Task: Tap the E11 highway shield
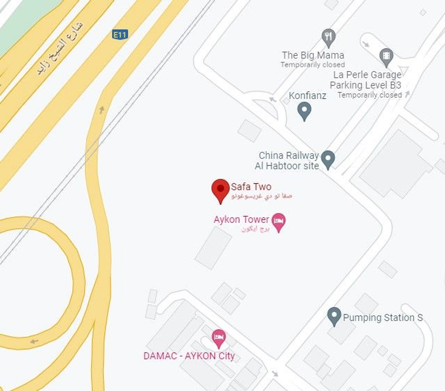tap(120, 34)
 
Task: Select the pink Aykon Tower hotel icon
tap(278, 221)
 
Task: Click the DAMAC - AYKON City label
tap(189, 356)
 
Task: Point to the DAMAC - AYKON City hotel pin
tap(219, 338)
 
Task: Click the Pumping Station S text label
tap(383, 317)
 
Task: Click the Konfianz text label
tap(307, 95)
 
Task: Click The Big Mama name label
tap(313, 55)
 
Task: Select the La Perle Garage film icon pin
tap(386, 56)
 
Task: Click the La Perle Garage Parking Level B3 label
tap(366, 80)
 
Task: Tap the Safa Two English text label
tap(251, 187)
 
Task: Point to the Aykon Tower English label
tap(241, 219)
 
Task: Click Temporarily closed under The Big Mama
tap(312, 65)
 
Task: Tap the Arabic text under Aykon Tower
tap(255, 229)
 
